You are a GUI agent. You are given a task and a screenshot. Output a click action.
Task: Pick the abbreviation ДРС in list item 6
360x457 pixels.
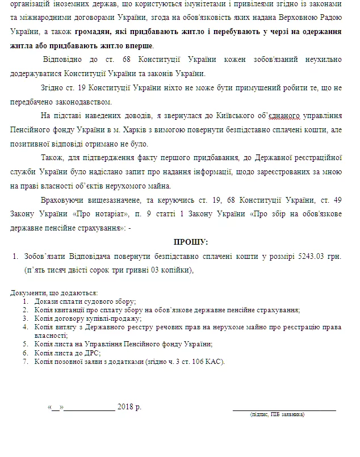[x=85, y=353]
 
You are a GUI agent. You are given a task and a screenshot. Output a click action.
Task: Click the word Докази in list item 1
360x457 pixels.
[x=45, y=301]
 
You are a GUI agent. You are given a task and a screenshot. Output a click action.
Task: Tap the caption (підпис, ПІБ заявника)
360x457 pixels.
[x=277, y=415]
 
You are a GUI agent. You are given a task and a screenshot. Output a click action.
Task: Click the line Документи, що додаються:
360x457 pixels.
[x=55, y=293]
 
